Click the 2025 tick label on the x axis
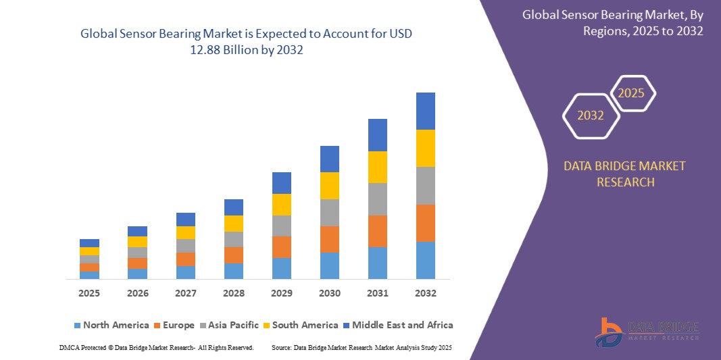89,293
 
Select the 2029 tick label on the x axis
282,293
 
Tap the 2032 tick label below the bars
426,293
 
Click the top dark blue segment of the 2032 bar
426,111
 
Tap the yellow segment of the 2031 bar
378,167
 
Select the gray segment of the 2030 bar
330,212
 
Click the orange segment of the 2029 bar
282,247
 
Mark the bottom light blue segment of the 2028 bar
234,271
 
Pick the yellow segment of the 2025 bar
89,251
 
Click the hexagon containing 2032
591,115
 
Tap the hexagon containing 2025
632,93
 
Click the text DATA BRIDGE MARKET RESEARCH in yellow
624,174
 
